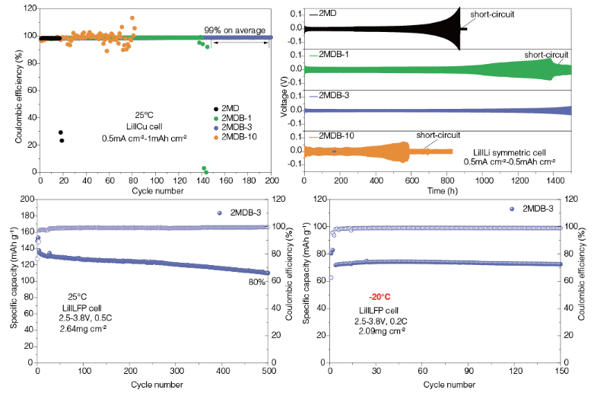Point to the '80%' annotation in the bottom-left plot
pos(256,282)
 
